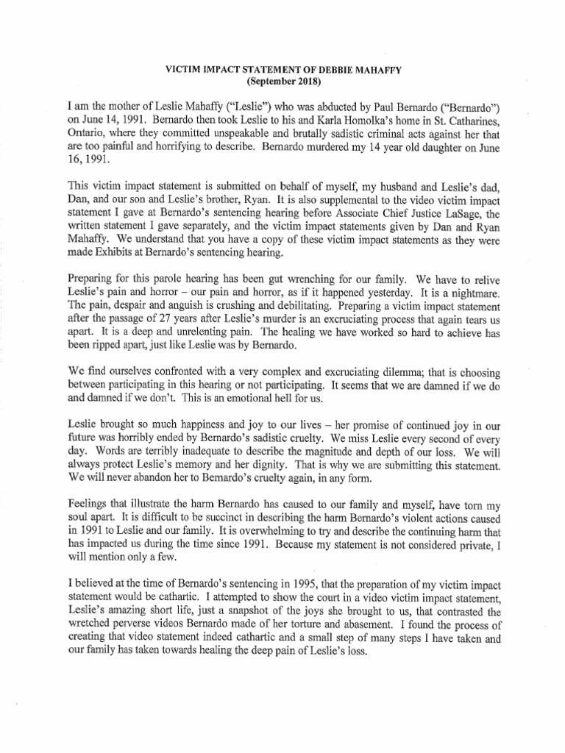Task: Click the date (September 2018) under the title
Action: (x=282, y=82)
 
